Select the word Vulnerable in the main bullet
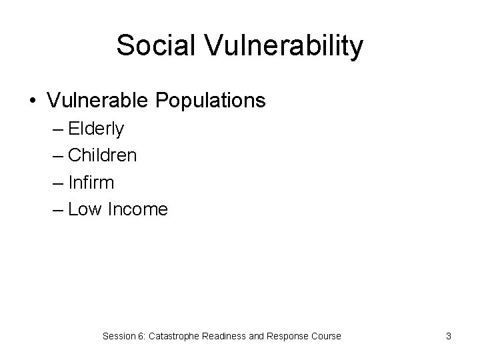[99, 101]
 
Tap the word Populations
[211, 101]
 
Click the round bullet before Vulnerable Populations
[33, 101]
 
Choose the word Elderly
[96, 129]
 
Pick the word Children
[103, 155]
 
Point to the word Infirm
[91, 182]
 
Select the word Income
[137, 209]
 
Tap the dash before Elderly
[57, 129]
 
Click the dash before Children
[57, 156]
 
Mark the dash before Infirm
[57, 183]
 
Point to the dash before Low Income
[57, 210]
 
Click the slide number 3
[449, 336]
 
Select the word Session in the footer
[119, 336]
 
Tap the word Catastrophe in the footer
[175, 336]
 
